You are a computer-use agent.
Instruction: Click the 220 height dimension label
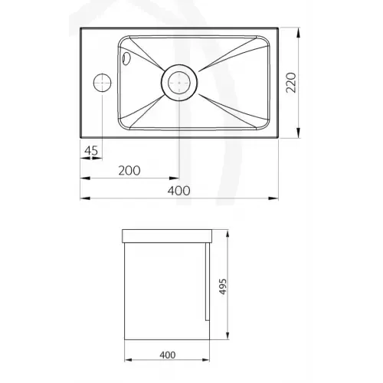coord(291,83)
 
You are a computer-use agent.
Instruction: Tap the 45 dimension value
coord(91,151)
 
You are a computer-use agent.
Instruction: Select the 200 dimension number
coord(129,171)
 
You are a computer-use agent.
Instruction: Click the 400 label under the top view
coord(178,191)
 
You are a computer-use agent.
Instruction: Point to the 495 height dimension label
coord(223,286)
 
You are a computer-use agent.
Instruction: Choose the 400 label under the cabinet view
coord(168,355)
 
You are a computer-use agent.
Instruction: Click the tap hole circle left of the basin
coord(103,83)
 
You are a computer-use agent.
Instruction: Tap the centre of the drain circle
coord(179,83)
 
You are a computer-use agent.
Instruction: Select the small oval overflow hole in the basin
coord(126,58)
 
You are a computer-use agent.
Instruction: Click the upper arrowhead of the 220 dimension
coord(299,32)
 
